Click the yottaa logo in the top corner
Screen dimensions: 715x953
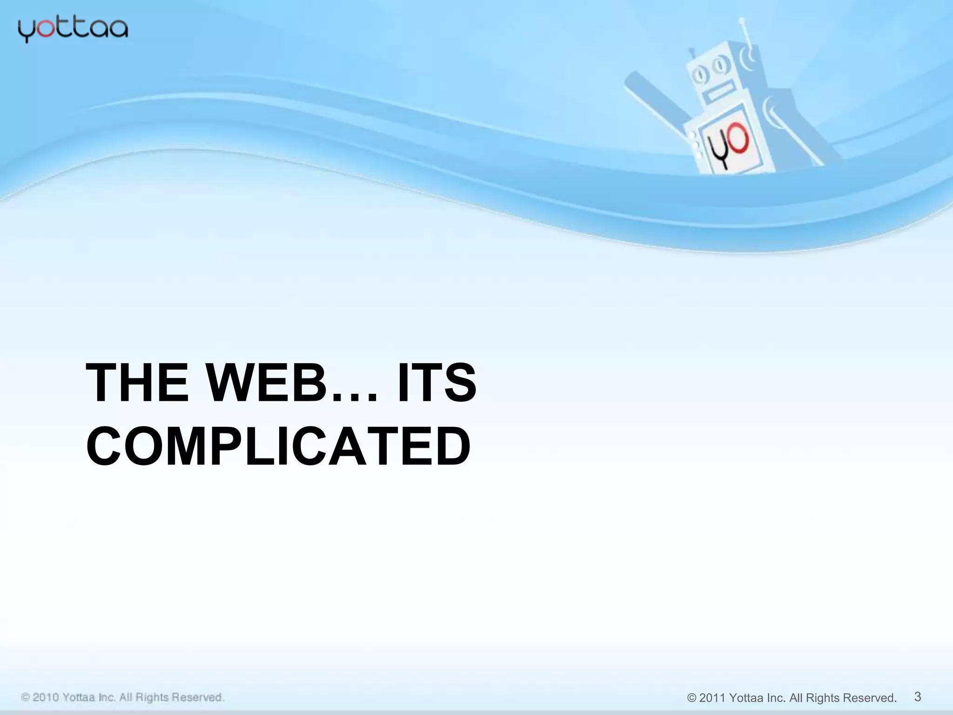[73, 30]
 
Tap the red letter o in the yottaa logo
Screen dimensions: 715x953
[45, 29]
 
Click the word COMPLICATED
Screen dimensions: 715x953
[278, 446]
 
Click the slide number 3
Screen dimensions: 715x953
[918, 697]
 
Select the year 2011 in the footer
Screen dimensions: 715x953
[712, 698]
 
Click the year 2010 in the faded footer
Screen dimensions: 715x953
[46, 697]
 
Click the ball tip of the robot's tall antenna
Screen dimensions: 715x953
[742, 20]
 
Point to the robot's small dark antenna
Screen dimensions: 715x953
[692, 52]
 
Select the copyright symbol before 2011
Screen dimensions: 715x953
[691, 698]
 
